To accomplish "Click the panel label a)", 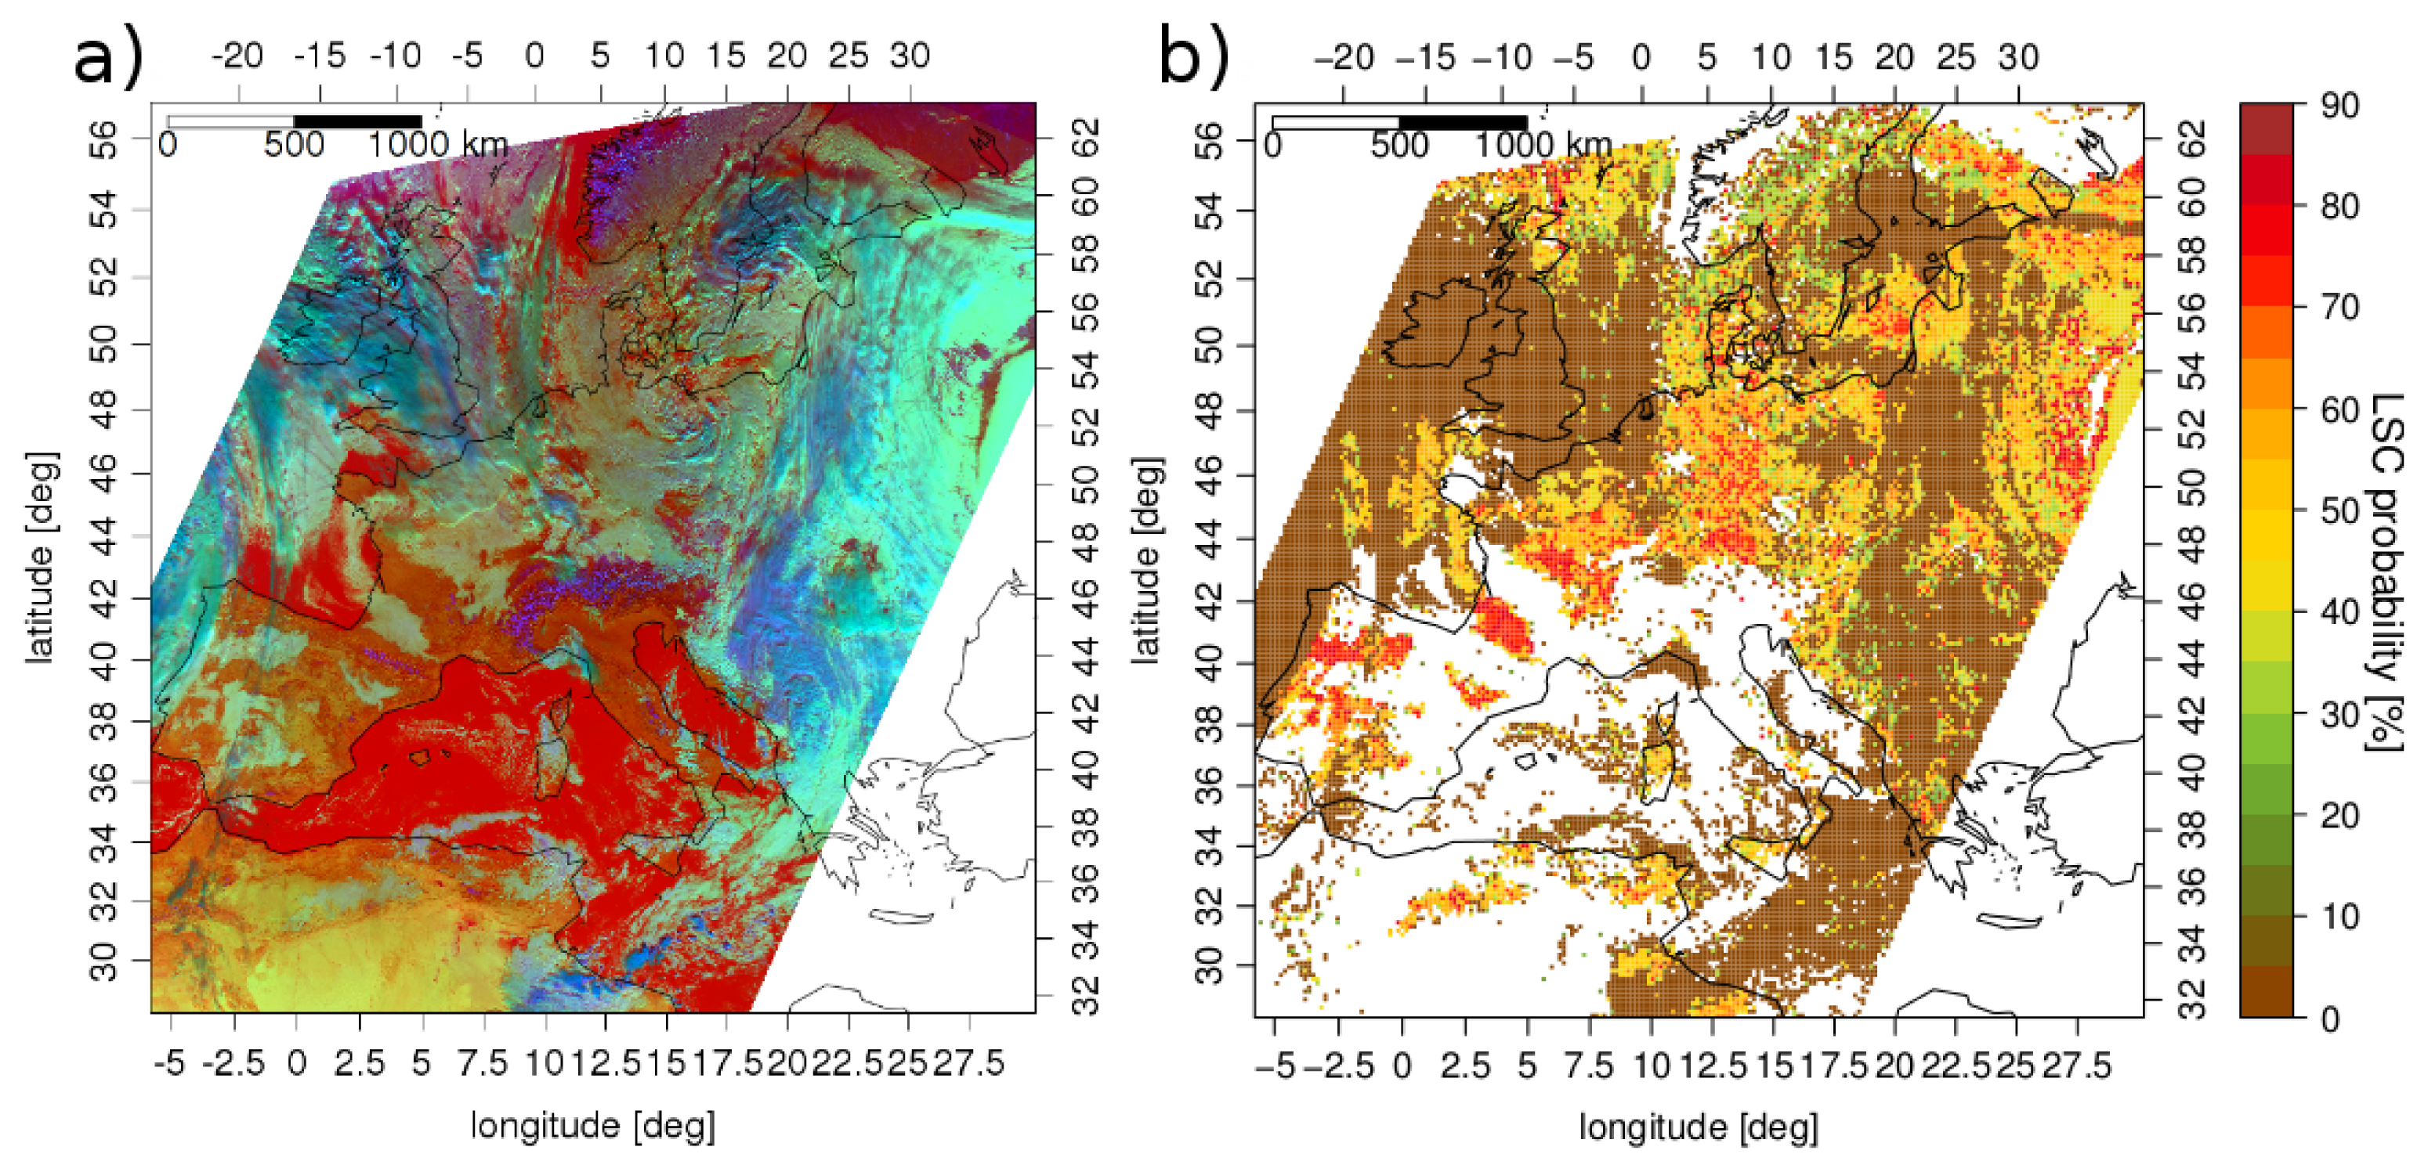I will [107, 56].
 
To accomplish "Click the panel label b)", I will [1193, 56].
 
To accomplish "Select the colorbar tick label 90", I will [2339, 106].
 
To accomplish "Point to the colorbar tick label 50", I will [2339, 511].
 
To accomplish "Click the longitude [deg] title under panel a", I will [593, 1126].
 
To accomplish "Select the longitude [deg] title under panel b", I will [1699, 1127].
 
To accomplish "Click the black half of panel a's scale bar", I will [358, 121].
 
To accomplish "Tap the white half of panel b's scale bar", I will [1336, 122].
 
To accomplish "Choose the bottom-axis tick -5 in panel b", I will [1277, 1066].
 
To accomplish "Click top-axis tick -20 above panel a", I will [237, 56].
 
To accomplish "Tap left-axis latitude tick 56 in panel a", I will [103, 139].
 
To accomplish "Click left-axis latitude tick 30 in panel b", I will [1209, 965].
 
